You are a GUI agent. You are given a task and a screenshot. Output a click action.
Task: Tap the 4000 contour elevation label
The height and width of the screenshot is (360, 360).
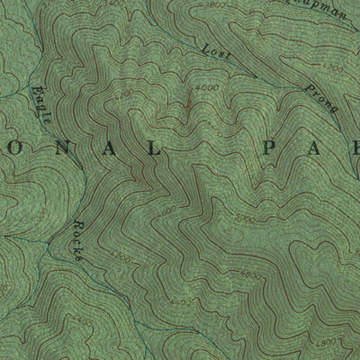pyautogui.click(x=205, y=87)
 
